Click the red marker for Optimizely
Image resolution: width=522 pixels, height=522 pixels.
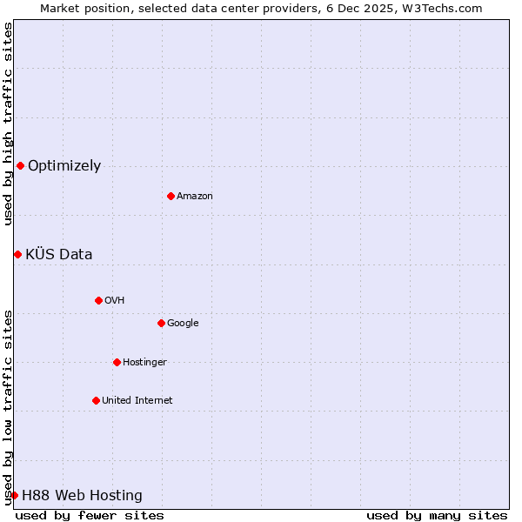click(20, 165)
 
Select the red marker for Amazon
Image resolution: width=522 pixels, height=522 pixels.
click(171, 196)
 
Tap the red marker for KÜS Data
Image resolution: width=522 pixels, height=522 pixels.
click(17, 254)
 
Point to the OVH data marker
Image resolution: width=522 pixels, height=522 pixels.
click(98, 300)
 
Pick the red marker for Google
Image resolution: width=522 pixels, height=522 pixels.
click(161, 323)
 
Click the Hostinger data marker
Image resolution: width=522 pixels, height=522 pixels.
click(117, 362)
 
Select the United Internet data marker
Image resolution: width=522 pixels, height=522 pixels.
click(96, 400)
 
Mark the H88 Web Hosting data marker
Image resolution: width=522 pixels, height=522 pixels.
click(14, 495)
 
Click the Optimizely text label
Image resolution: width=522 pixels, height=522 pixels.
click(64, 165)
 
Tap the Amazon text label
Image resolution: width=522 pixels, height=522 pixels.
click(195, 196)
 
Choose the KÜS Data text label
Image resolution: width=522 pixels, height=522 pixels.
click(58, 254)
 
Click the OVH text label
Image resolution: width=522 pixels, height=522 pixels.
click(115, 300)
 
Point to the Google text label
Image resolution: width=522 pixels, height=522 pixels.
click(183, 323)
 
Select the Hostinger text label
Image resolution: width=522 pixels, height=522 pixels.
click(144, 362)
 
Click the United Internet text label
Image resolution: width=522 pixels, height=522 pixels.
click(137, 400)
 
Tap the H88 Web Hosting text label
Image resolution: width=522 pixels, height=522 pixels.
click(82, 495)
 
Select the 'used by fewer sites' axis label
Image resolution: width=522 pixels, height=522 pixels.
click(90, 515)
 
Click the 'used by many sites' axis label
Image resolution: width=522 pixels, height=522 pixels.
click(437, 515)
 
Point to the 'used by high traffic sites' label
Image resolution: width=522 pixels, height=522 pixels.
click(8, 124)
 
